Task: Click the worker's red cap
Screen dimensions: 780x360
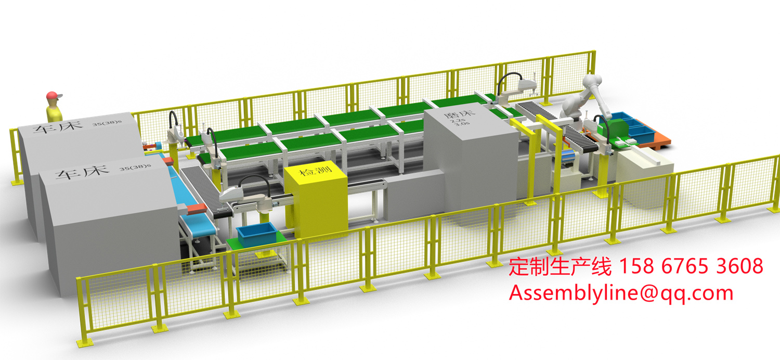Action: [53, 95]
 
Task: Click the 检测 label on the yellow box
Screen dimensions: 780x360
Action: [316, 171]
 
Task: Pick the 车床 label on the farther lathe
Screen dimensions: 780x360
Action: [58, 127]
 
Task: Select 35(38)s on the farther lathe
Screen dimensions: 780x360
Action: [107, 123]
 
